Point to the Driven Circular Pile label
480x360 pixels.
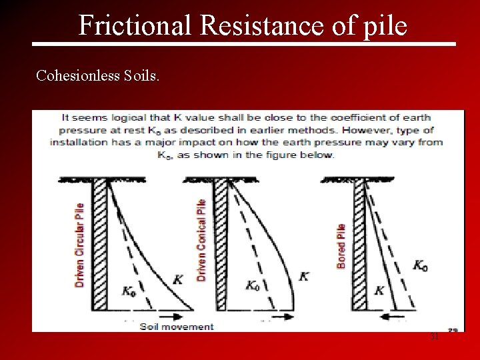(x=80, y=245)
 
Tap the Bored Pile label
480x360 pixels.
(x=341, y=246)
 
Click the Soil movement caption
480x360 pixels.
(x=177, y=327)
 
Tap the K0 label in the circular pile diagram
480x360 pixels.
(x=129, y=291)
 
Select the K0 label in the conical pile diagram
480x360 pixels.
(x=252, y=285)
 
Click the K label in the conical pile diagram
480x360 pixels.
(x=304, y=275)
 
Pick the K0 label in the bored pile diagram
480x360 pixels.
(x=420, y=265)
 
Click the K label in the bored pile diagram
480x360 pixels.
(x=379, y=290)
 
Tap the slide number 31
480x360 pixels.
(x=434, y=337)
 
